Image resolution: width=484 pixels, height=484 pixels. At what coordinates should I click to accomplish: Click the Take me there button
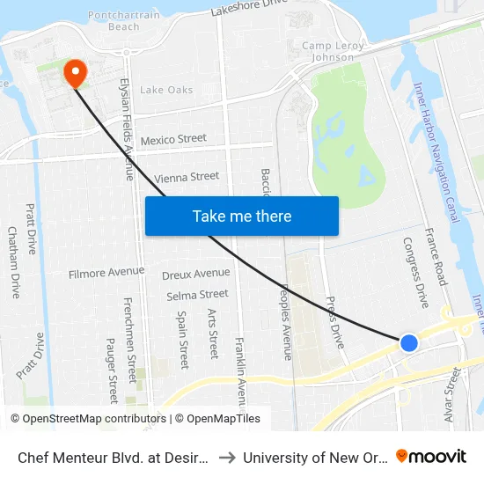242,216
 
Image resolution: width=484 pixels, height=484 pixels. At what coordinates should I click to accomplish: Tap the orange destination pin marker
76,72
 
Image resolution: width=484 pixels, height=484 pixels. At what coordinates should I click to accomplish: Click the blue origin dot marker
409,342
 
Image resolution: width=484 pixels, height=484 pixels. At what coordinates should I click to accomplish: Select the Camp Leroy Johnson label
328,51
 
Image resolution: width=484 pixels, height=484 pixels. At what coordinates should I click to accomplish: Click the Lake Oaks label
166,90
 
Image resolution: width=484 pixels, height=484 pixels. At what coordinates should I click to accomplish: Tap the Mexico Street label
173,139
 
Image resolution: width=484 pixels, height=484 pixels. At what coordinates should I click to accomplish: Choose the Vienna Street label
186,177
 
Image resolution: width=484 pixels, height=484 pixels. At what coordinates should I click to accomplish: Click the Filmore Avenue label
106,274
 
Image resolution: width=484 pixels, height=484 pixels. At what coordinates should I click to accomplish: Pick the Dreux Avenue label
195,274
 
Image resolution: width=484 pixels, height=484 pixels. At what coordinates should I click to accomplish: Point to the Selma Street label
197,295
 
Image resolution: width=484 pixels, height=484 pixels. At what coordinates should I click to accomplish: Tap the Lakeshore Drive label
250,9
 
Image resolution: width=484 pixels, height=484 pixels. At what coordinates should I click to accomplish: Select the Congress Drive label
415,272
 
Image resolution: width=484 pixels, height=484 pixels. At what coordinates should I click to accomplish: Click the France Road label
436,256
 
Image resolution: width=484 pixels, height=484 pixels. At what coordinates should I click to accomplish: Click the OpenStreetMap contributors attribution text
87,419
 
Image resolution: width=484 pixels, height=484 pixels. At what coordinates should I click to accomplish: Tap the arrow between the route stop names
226,457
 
